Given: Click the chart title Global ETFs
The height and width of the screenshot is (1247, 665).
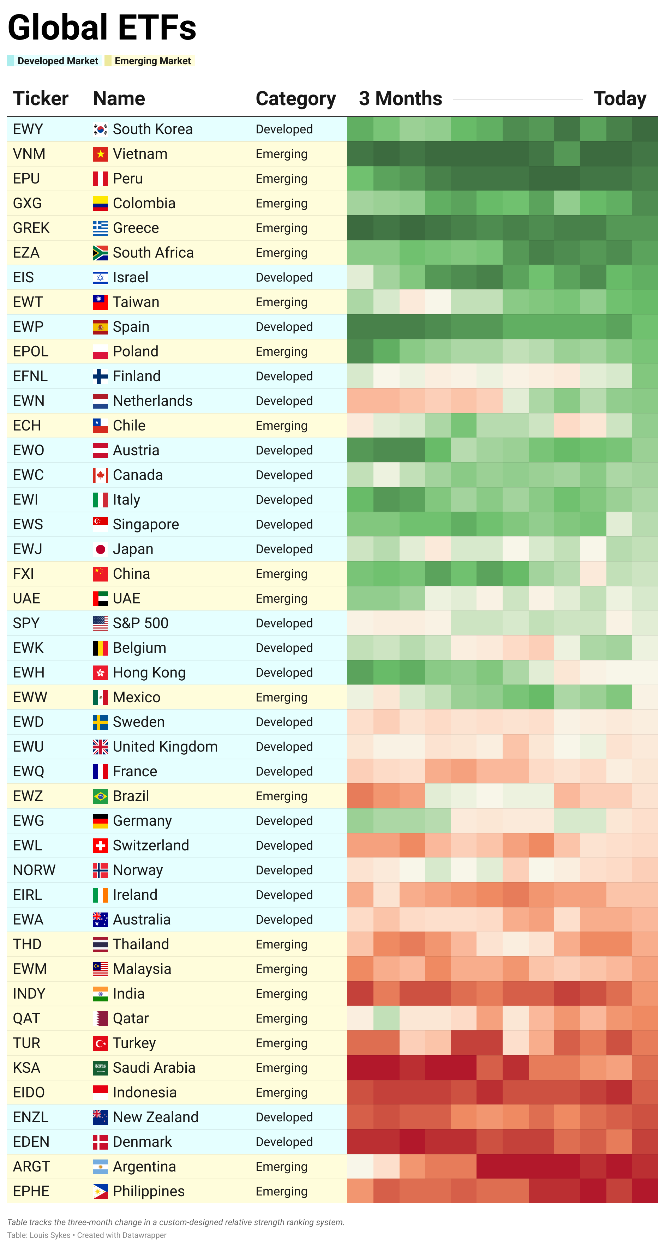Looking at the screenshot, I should pos(102,28).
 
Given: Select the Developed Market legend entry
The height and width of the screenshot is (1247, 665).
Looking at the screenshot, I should pos(57,61).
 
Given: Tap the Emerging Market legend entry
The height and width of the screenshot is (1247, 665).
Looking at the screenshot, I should pos(152,61).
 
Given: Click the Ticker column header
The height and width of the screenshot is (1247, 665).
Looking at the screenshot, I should pos(41,99).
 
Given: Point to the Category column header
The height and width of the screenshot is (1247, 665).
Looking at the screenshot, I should pos(295,99).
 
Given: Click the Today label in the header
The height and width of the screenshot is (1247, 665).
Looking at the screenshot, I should pos(619,99).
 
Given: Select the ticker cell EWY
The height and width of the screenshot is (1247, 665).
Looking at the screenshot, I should pos(28,129).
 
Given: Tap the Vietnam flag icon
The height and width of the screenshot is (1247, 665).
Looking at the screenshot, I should pos(100,154).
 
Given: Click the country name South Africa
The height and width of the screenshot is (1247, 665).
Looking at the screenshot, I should pos(153,253).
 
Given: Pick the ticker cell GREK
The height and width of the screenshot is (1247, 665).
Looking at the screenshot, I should pos(31,228).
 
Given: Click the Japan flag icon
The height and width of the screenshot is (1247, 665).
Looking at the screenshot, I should pos(100,549).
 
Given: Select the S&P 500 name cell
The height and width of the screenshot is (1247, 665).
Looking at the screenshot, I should pos(140,623).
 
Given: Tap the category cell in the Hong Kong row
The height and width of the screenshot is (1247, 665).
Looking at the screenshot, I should pos(284,673).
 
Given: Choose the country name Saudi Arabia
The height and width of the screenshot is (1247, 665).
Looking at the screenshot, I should pos(154,1067).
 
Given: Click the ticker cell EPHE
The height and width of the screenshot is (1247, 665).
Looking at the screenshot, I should pos(31,1191).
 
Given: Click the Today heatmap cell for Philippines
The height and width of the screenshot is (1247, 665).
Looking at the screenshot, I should pos(645,1191).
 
